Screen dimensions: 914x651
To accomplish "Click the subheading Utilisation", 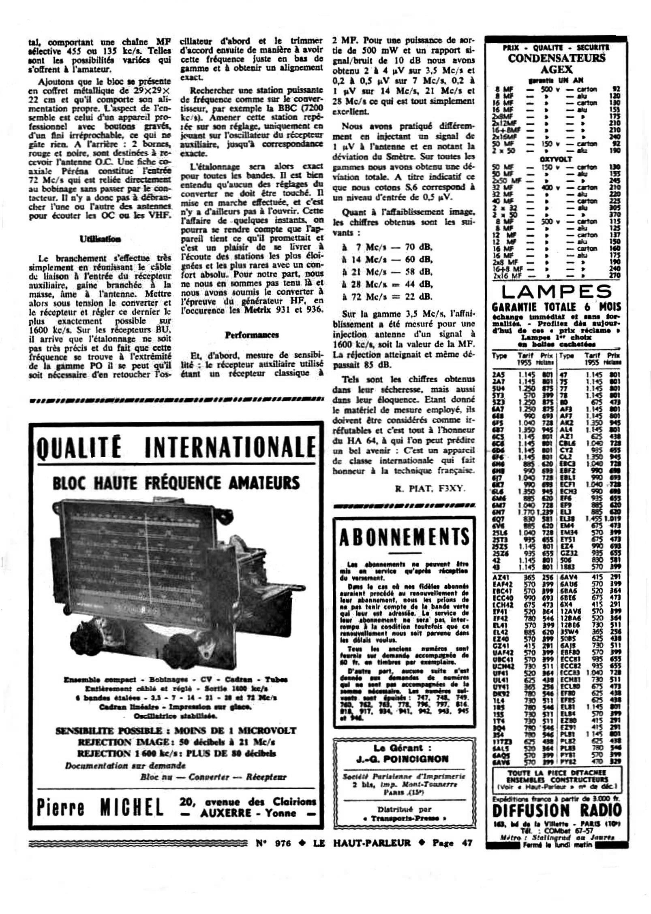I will coord(100,239).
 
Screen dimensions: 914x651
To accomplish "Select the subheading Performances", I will coord(252,335).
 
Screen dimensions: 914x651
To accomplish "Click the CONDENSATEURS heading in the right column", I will coord(556,58).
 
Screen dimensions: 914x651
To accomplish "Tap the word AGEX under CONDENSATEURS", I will coord(556,69).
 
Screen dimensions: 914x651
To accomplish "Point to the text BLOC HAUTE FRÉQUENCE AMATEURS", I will coord(176,483).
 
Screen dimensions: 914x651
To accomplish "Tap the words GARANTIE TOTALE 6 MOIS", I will coord(556,307).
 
